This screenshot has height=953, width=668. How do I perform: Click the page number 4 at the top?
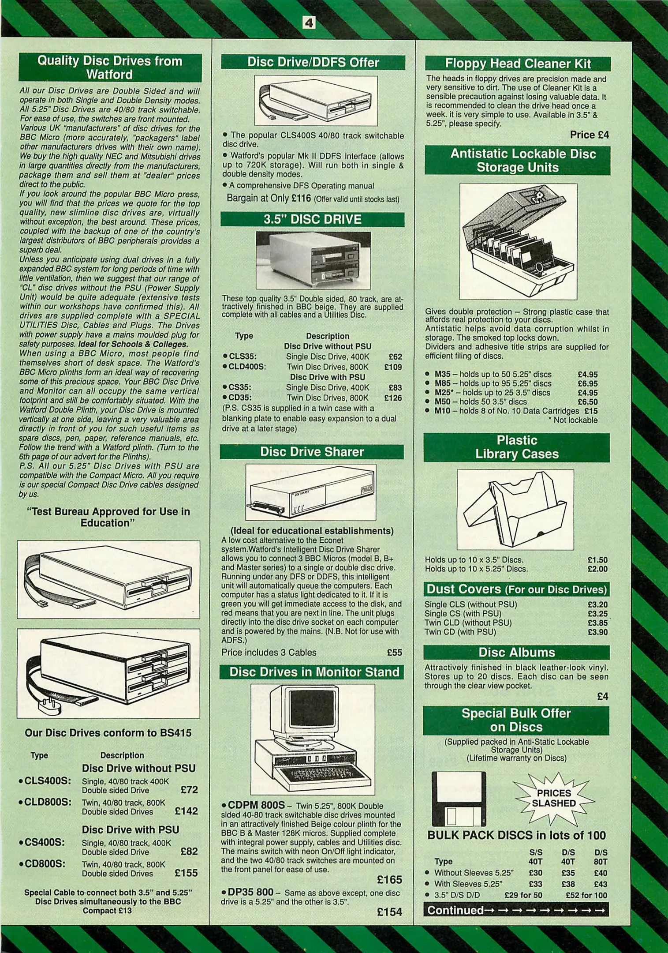[x=309, y=23]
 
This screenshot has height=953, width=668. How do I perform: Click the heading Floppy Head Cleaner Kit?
[x=518, y=64]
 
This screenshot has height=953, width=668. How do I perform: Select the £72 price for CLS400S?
[x=189, y=789]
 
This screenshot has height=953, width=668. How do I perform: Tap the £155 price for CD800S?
[x=186, y=873]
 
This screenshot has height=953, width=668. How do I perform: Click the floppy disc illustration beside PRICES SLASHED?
[x=459, y=799]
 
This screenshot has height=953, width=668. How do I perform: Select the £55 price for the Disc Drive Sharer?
[x=394, y=652]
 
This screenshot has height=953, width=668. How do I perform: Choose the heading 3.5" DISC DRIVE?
[x=312, y=219]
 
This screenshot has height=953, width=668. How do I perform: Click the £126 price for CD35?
[x=393, y=398]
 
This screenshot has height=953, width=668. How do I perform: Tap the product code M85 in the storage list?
[x=442, y=383]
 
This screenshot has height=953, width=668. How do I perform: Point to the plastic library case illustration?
[x=515, y=509]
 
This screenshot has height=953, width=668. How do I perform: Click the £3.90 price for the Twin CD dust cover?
[x=597, y=632]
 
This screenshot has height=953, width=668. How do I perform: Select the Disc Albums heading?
[x=516, y=652]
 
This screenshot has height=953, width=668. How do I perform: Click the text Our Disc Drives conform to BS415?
[x=108, y=733]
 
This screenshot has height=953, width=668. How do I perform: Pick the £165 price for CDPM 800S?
[x=389, y=879]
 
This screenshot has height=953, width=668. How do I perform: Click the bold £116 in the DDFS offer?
[x=301, y=198]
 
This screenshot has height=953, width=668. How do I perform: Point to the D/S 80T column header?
[x=601, y=857]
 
